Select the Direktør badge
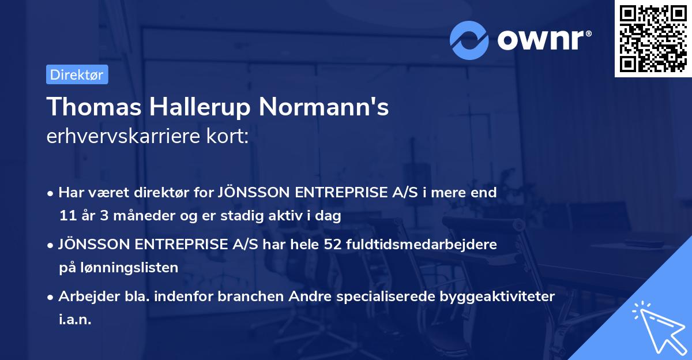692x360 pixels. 77,74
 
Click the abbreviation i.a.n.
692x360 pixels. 75,320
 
